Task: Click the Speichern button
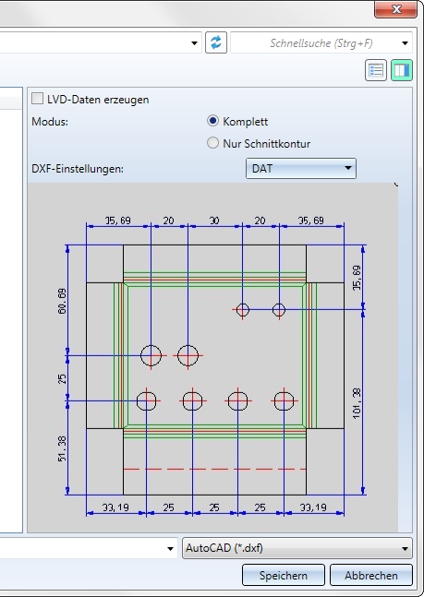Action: click(x=284, y=575)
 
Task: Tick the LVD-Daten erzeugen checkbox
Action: click(x=37, y=99)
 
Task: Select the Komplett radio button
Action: click(x=212, y=121)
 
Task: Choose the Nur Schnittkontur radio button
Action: click(x=212, y=143)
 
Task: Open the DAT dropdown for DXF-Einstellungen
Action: click(x=301, y=168)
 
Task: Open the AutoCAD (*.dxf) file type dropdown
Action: click(x=297, y=548)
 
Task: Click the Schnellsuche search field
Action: click(x=321, y=43)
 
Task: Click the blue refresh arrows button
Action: click(x=216, y=42)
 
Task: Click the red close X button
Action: click(x=395, y=9)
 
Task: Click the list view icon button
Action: click(x=376, y=70)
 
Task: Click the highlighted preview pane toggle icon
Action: click(x=402, y=70)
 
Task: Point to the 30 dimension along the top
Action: click(x=214, y=221)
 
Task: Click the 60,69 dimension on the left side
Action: click(x=62, y=301)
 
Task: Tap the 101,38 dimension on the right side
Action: click(x=357, y=403)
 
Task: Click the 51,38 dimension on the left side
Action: click(x=62, y=448)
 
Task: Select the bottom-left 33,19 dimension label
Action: click(x=115, y=507)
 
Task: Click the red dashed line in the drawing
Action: click(x=214, y=469)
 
